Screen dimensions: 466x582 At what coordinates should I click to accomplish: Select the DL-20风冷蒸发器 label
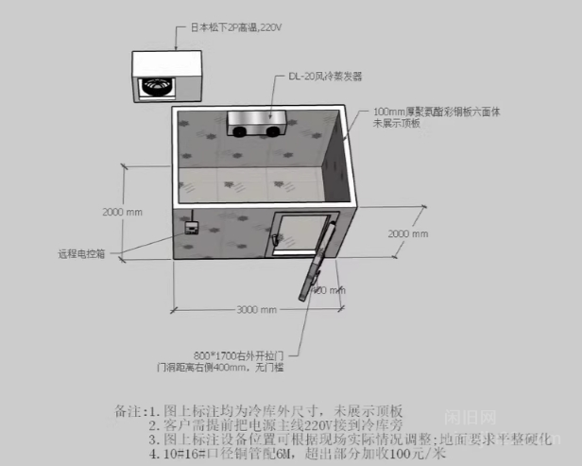(325, 76)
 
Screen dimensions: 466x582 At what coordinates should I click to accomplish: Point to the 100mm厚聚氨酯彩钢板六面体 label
(443, 112)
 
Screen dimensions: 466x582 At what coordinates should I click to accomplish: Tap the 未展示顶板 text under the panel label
(397, 123)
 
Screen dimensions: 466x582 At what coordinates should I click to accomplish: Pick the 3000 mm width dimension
(256, 310)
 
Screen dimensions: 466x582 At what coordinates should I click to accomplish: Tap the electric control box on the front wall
(191, 228)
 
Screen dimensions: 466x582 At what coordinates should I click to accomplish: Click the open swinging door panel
(321, 263)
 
